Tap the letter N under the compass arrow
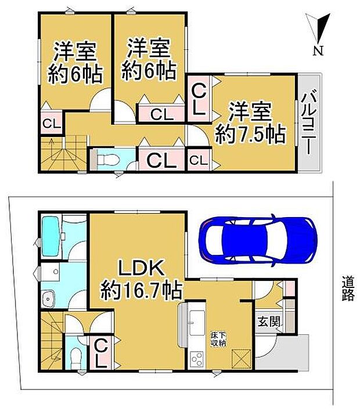[x=318, y=51]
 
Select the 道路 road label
[x=348, y=289]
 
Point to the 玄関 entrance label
[x=268, y=322]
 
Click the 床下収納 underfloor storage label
[x=219, y=340]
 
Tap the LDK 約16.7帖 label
[x=142, y=280]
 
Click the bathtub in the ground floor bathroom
[x=51, y=236]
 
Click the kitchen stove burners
[x=197, y=360]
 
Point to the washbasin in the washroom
[x=49, y=298]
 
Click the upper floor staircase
[x=64, y=153]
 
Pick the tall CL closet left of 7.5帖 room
[x=199, y=98]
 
